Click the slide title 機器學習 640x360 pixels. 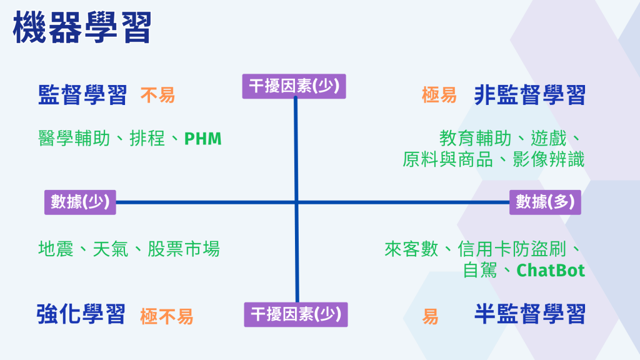click(x=82, y=28)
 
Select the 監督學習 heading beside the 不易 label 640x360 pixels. click(x=82, y=96)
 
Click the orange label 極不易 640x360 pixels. click(x=166, y=316)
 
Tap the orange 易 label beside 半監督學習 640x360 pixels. click(x=430, y=316)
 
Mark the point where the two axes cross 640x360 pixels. click(x=296, y=202)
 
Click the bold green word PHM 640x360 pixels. click(x=202, y=138)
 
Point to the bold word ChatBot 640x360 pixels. click(x=551, y=271)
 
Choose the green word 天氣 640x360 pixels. click(x=111, y=249)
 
